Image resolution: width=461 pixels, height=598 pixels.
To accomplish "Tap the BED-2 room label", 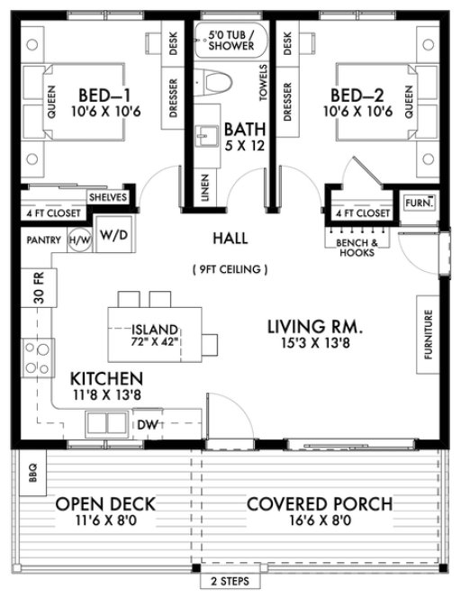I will (x=359, y=95).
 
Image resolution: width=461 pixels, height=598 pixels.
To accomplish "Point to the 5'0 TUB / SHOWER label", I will (x=230, y=41).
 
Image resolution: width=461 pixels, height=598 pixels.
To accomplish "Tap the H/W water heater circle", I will (x=79, y=240).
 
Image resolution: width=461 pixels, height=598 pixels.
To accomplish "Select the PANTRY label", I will (x=43, y=240).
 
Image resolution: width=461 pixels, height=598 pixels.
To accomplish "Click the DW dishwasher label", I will (x=146, y=423).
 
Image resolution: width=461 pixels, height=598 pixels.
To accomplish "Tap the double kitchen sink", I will (x=108, y=421).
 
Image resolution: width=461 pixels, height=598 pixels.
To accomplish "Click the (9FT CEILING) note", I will (x=230, y=268).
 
